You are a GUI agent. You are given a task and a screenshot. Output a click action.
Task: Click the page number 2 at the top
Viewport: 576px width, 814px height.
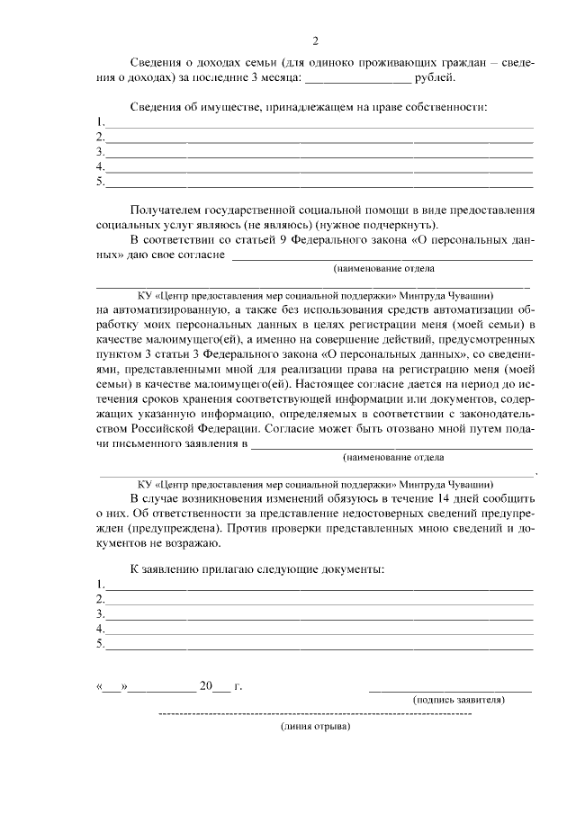point(315,41)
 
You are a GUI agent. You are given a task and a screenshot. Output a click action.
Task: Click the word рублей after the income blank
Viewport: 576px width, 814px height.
point(436,78)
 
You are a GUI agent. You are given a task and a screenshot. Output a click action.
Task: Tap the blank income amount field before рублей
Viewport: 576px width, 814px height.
point(358,79)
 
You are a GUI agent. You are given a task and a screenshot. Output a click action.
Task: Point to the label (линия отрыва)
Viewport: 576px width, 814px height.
point(314,727)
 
